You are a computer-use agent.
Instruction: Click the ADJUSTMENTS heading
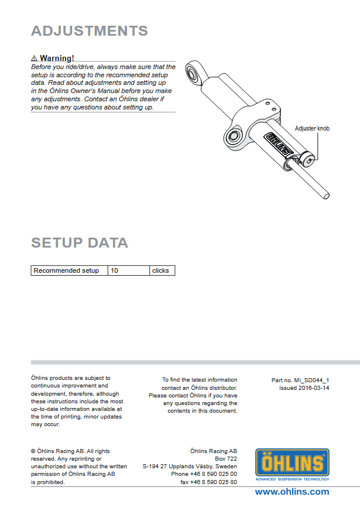[x=89, y=31]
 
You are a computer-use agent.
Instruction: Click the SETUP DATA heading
[x=79, y=243]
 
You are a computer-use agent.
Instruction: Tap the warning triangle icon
[x=35, y=59]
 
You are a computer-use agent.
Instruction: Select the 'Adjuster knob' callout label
[x=313, y=128]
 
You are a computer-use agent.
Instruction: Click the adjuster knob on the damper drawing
[x=307, y=157]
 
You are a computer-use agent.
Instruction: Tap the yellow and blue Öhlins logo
[x=292, y=462]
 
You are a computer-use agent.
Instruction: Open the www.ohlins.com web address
[x=292, y=492]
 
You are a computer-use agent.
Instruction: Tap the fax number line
[x=208, y=482]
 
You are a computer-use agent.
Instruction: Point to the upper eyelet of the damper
[x=193, y=72]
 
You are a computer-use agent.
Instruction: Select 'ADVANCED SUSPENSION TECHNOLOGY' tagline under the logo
[x=292, y=479]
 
